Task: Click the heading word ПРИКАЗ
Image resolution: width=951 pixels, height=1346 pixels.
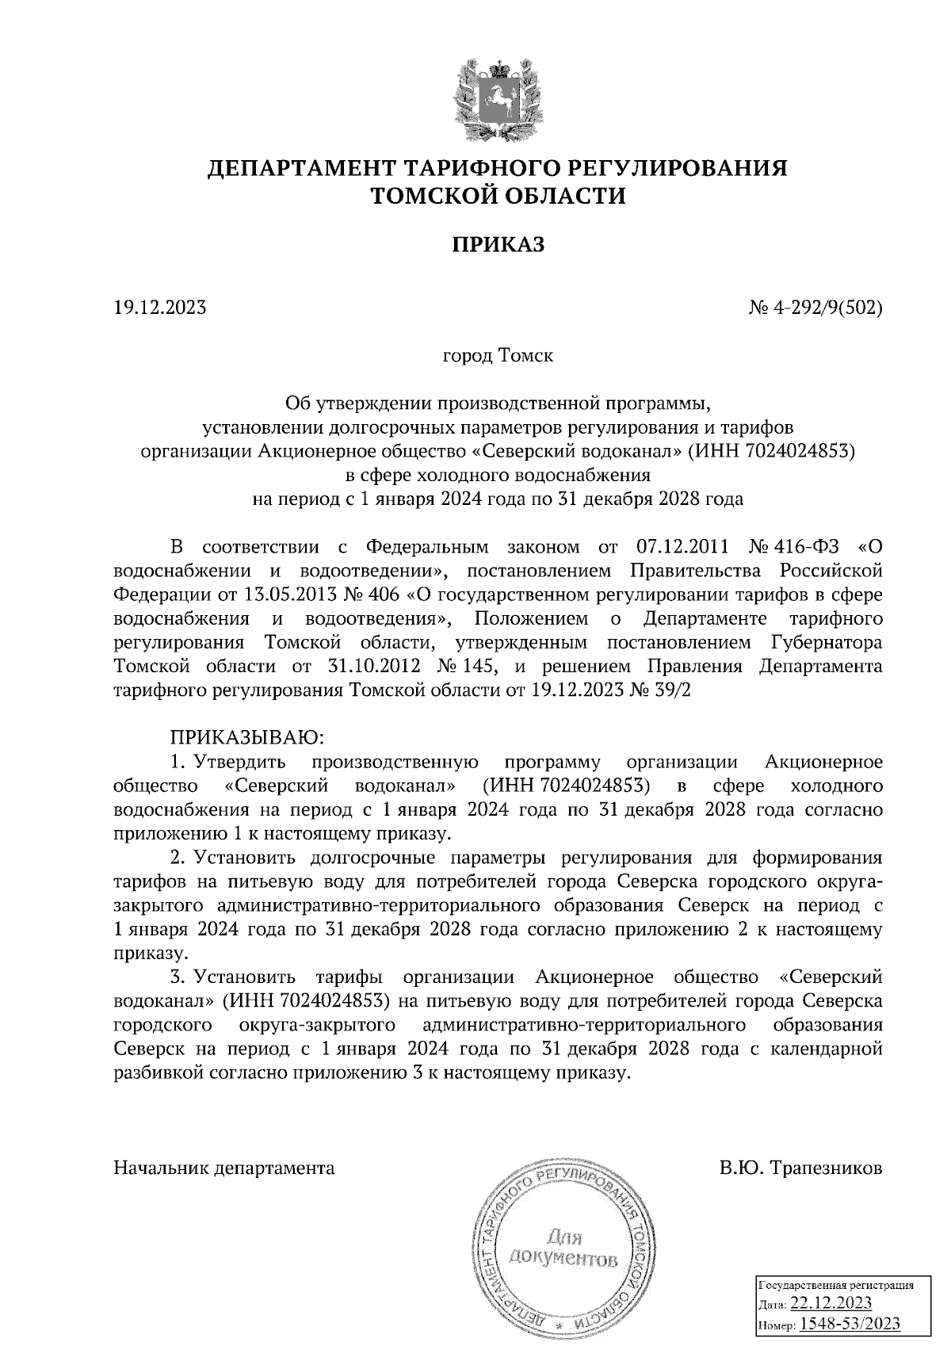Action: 498,245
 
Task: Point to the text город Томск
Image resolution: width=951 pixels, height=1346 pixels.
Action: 498,356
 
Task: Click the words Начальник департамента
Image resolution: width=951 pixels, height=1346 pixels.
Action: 224,1168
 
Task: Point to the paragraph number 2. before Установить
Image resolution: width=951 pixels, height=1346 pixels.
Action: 178,858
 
